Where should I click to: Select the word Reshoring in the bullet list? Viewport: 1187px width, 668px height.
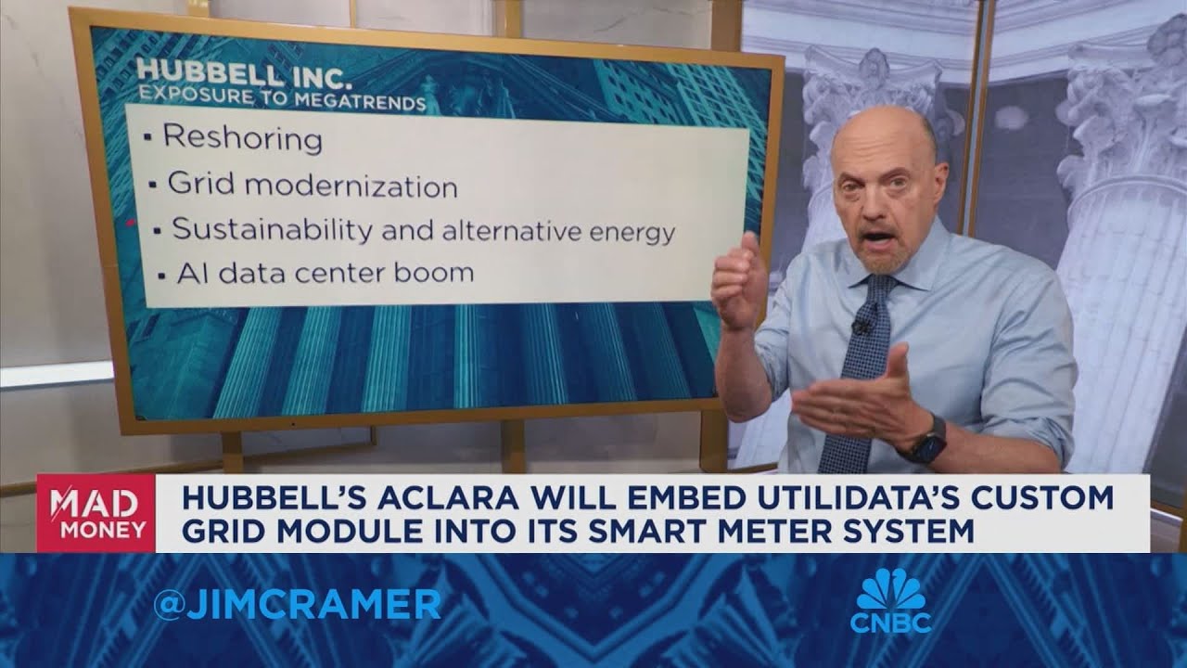(243, 138)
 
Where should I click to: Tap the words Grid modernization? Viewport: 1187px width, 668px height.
(313, 186)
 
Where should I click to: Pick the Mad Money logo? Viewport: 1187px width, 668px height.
(96, 514)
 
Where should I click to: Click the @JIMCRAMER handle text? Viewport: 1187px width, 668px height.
(297, 605)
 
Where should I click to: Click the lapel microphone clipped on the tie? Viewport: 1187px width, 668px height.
(862, 326)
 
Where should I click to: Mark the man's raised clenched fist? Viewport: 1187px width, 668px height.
(738, 282)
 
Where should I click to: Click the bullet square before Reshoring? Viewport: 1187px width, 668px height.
(147, 139)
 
